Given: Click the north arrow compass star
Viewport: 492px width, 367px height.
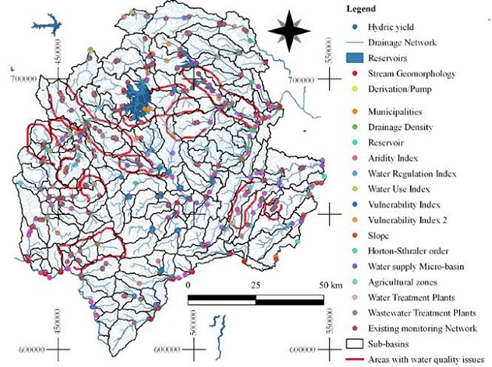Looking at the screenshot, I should [x=291, y=30].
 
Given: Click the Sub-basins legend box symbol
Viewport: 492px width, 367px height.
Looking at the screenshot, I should [x=355, y=344].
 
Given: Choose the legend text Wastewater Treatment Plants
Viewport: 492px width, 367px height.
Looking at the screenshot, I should [x=422, y=313].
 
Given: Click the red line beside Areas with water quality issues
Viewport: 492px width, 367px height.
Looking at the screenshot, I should [x=355, y=360].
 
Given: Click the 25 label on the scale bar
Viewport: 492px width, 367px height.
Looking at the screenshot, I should [x=256, y=285].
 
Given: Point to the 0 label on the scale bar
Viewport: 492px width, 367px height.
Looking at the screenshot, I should [x=189, y=285].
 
